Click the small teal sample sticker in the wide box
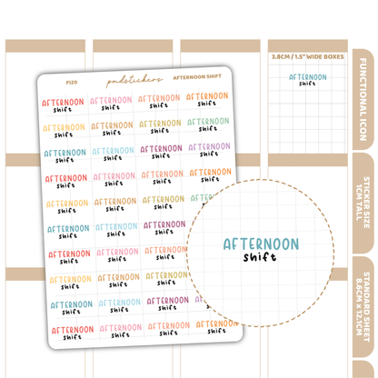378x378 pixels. click(x=308, y=80)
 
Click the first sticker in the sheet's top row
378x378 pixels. click(x=65, y=101)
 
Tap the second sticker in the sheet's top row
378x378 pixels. click(x=112, y=101)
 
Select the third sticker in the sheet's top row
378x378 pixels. click(x=160, y=101)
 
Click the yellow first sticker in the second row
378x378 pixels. click(x=65, y=127)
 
